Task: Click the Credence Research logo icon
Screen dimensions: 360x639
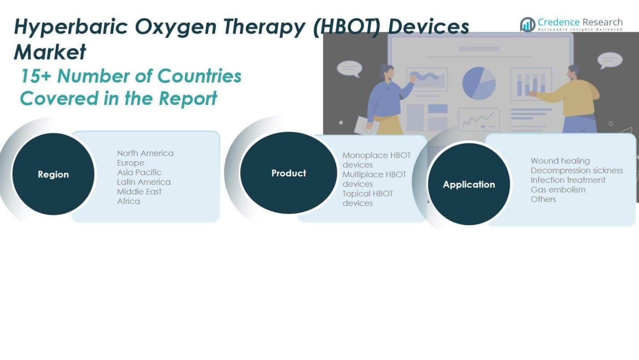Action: pyautogui.click(x=528, y=24)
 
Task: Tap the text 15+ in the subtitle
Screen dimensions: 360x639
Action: pyautogui.click(x=35, y=77)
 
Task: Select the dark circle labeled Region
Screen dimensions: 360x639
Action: pyautogui.click(x=53, y=174)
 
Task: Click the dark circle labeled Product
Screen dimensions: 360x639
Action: pyautogui.click(x=289, y=173)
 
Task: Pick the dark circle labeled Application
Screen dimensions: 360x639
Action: pyautogui.click(x=469, y=184)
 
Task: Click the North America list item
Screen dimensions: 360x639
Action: pyautogui.click(x=145, y=153)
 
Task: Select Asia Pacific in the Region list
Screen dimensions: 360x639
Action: pyautogui.click(x=139, y=172)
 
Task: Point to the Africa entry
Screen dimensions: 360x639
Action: pyautogui.click(x=128, y=201)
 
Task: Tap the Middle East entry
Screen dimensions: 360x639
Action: pyautogui.click(x=139, y=192)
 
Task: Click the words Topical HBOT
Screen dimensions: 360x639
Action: pyautogui.click(x=368, y=193)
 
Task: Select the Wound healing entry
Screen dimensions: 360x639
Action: pyautogui.click(x=560, y=161)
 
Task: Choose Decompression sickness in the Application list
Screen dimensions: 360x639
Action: pyautogui.click(x=576, y=170)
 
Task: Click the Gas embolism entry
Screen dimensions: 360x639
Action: pyautogui.click(x=558, y=189)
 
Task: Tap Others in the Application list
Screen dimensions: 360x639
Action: pyautogui.click(x=543, y=199)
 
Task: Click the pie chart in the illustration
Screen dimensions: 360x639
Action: pyautogui.click(x=479, y=83)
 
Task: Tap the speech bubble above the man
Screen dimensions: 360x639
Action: pyautogui.click(x=609, y=60)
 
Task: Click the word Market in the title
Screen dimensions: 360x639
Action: pyautogui.click(x=50, y=52)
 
